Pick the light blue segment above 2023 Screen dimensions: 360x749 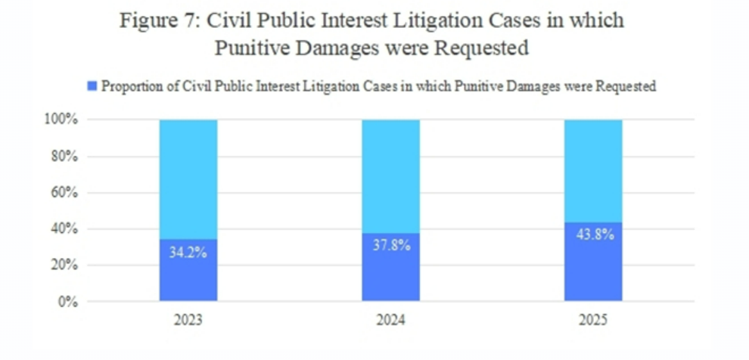point(188,178)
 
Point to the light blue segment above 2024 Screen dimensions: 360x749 point(390,175)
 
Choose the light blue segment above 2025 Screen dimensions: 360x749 point(593,170)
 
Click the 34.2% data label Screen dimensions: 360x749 point(188,253)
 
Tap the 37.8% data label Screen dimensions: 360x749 point(390,246)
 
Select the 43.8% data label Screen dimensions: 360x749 point(593,234)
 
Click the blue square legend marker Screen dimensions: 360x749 point(93,86)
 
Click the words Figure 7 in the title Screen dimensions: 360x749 point(154,20)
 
